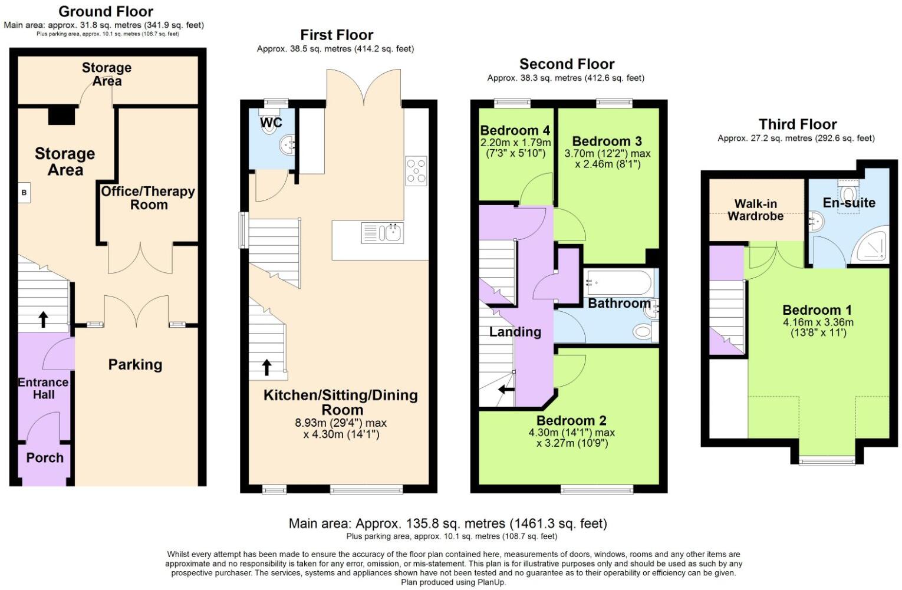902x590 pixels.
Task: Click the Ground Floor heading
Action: click(106, 11)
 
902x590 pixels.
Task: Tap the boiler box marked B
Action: click(24, 193)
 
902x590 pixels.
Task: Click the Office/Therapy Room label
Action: click(148, 198)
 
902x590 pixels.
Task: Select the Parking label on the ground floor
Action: click(135, 365)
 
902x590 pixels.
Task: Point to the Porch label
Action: click(45, 458)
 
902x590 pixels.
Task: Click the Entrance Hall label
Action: click(43, 388)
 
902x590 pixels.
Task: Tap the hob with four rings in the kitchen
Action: click(416, 172)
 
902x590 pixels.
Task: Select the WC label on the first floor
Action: click(271, 123)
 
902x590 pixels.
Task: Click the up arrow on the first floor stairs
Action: click(266, 367)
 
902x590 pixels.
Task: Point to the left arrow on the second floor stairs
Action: click(506, 390)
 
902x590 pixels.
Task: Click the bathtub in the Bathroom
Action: click(618, 283)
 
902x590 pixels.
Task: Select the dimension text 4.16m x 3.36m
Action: click(818, 322)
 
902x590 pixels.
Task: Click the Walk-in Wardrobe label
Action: click(755, 210)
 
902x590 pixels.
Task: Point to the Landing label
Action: click(515, 332)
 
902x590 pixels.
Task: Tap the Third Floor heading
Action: click(797, 124)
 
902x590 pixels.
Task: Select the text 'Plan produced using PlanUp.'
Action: click(453, 582)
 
